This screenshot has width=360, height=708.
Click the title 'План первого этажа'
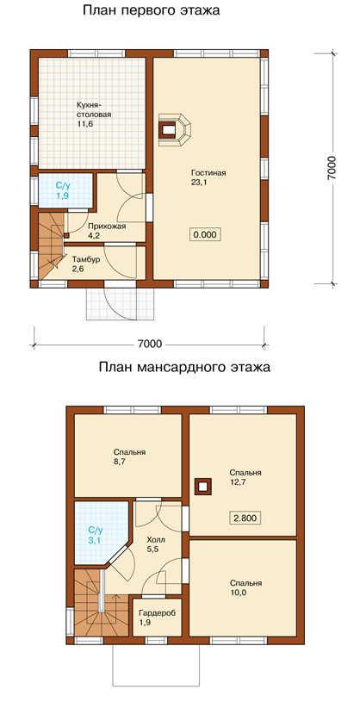click(x=151, y=11)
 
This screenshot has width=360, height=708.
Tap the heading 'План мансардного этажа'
click(x=185, y=367)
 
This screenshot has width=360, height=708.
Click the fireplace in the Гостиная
click(x=174, y=129)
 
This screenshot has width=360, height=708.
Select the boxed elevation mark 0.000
click(x=206, y=235)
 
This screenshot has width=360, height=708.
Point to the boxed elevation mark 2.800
click(x=247, y=518)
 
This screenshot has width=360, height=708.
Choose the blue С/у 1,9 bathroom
click(x=65, y=191)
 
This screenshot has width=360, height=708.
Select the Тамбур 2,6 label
click(x=85, y=264)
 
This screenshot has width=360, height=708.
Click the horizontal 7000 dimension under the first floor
click(x=150, y=345)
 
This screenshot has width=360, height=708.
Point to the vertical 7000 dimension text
click(x=332, y=168)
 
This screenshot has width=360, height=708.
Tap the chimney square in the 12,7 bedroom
click(x=202, y=486)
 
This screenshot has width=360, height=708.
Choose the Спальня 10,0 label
click(x=245, y=587)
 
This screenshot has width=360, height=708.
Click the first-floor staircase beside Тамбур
click(x=51, y=246)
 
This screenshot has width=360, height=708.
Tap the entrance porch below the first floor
click(x=121, y=304)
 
